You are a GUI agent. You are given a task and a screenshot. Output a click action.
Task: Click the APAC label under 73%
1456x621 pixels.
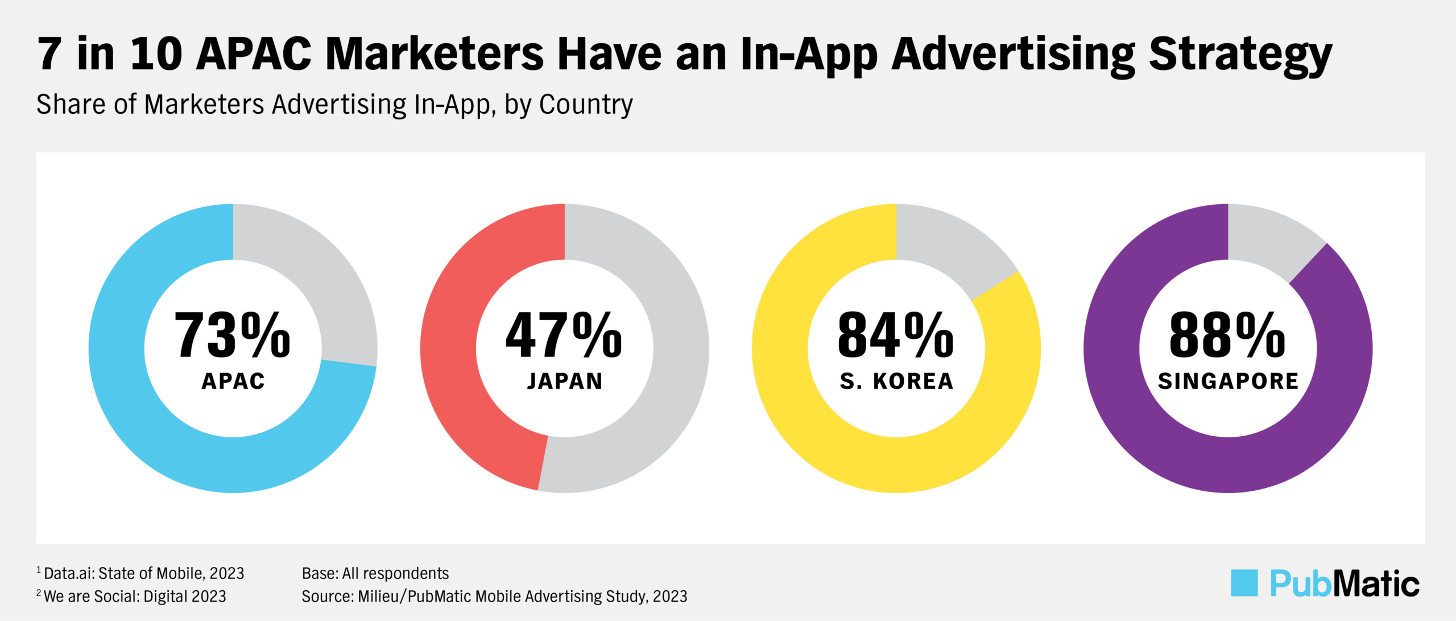233,381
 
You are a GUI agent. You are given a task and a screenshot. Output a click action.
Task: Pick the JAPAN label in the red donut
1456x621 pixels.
565,381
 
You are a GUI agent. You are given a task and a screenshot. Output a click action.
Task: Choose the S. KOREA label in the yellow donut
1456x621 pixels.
896,381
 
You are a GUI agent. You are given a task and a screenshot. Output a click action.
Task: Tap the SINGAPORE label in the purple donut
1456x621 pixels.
1228,381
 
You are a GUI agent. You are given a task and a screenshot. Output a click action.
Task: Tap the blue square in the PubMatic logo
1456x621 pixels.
1244,583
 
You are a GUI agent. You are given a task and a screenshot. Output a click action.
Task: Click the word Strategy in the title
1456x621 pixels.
1240,56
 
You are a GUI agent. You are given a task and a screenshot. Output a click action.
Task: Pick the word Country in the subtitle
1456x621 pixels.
586,105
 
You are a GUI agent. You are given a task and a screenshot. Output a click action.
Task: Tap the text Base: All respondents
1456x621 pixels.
375,573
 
